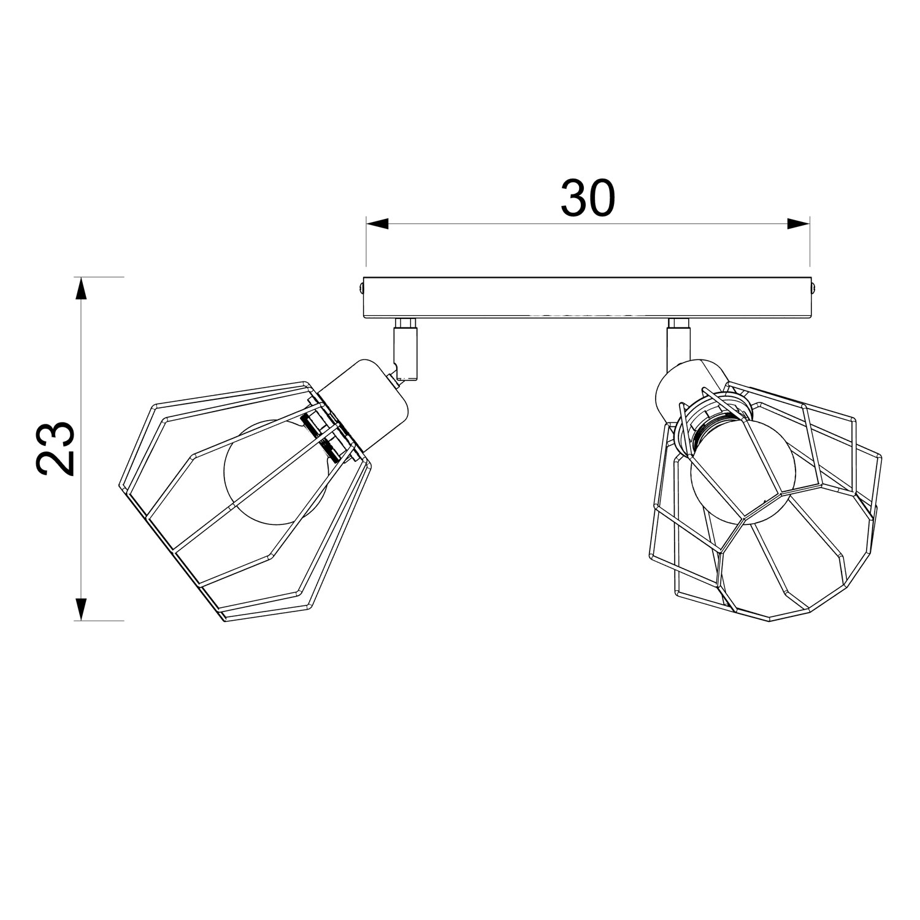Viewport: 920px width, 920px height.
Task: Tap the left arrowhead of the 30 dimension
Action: tap(378, 224)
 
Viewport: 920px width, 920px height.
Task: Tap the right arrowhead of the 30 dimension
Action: tap(798, 224)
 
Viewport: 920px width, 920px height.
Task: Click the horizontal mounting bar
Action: tap(588, 298)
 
